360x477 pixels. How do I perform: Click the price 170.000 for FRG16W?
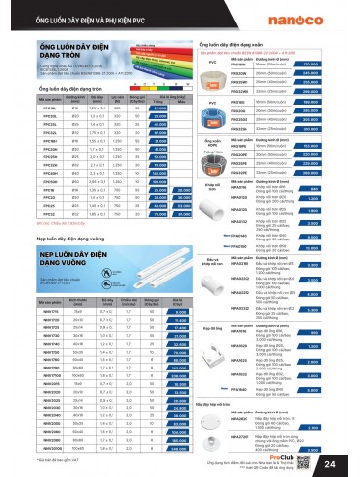click(334, 64)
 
